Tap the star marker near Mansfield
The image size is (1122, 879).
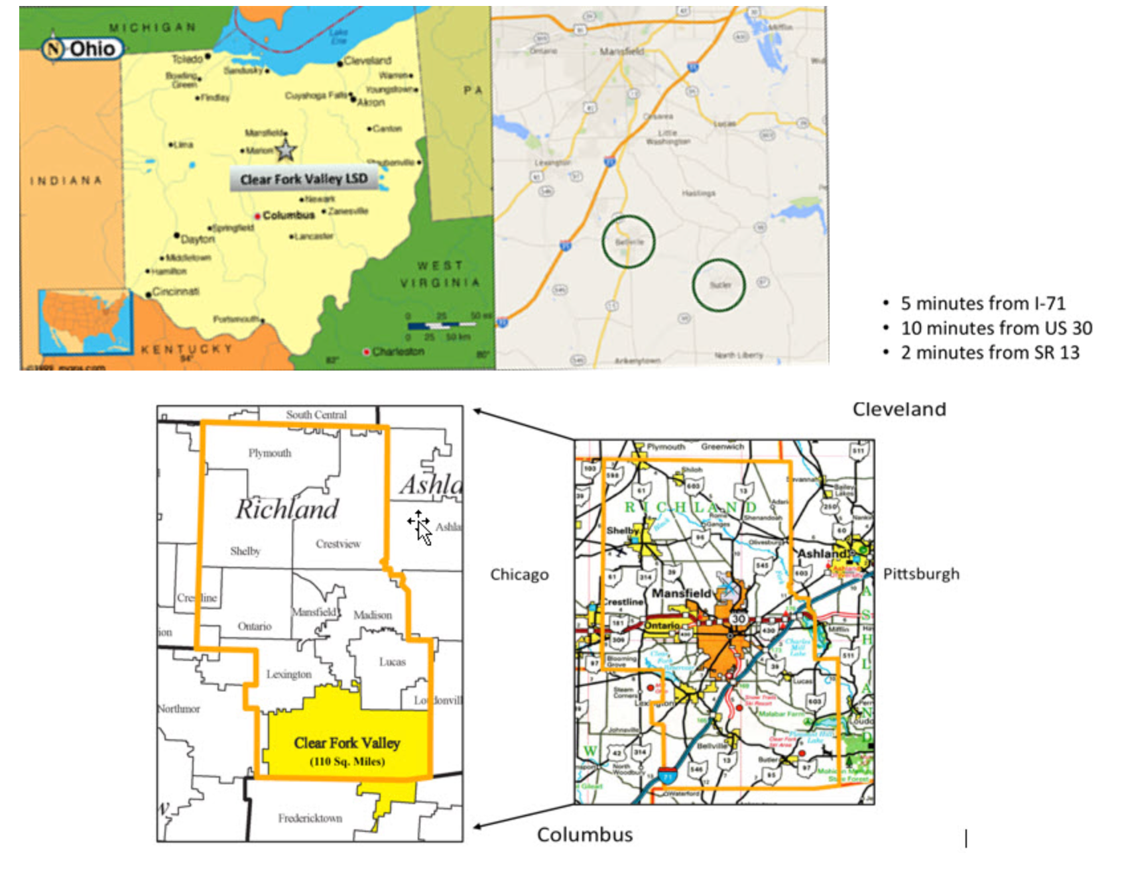pos(285,150)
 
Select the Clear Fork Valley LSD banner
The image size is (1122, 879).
pos(304,179)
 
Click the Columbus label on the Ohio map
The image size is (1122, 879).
pos(288,215)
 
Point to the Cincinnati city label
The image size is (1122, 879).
pos(176,292)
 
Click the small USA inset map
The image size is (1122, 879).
pos(85,321)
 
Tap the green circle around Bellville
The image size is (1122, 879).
pos(628,241)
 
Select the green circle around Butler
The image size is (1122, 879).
pos(719,285)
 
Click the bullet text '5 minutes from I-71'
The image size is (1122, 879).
pos(983,304)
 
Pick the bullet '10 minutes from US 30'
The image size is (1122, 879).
pos(996,328)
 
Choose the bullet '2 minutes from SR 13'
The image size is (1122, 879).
pos(989,353)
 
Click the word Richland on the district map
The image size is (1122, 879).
pos(287,509)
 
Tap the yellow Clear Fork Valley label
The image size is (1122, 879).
pos(347,744)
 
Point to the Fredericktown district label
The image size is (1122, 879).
pos(310,818)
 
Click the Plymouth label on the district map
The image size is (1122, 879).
pos(269,453)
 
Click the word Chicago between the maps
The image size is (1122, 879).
pos(519,575)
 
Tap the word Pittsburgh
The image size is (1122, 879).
pos(921,574)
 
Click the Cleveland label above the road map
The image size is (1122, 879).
pos(899,410)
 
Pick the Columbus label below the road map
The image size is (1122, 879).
pos(585,835)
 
